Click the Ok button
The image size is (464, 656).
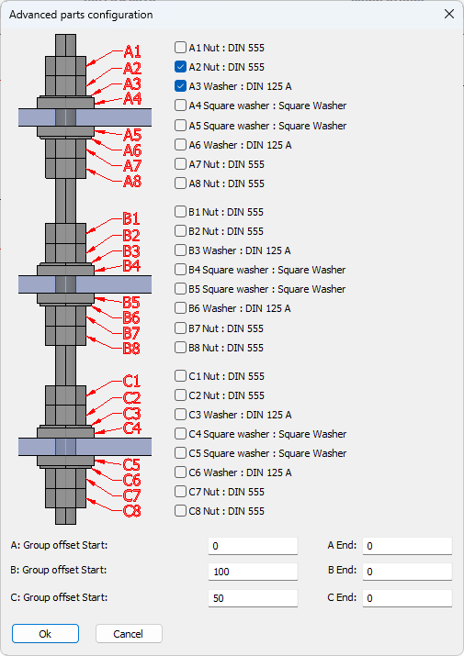click(45, 633)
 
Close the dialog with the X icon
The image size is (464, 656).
click(449, 15)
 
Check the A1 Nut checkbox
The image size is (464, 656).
click(180, 48)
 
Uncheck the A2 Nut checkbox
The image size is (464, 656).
click(180, 67)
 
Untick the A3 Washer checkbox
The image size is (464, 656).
click(180, 85)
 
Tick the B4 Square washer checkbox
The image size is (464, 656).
click(180, 270)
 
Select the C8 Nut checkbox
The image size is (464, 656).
click(180, 511)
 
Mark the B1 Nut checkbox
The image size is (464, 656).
click(180, 212)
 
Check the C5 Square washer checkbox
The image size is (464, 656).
click(180, 453)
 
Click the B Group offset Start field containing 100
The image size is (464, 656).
click(253, 572)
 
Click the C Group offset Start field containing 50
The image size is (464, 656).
click(253, 598)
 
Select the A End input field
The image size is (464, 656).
click(407, 546)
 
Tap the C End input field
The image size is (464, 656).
click(407, 598)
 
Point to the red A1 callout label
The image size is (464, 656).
click(132, 52)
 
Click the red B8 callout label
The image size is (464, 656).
click(131, 348)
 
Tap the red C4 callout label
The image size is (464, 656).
click(132, 428)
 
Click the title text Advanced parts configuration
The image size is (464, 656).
click(81, 15)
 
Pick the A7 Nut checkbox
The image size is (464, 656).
click(180, 163)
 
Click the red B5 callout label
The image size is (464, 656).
click(131, 302)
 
